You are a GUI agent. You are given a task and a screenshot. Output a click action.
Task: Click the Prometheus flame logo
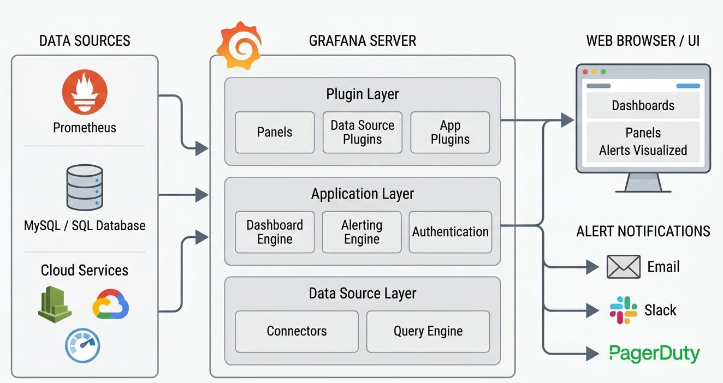[85, 92]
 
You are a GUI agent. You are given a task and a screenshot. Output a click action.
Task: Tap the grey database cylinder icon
[85, 187]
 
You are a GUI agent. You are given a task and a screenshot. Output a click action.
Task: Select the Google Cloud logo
[111, 304]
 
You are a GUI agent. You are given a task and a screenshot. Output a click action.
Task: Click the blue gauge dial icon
[82, 345]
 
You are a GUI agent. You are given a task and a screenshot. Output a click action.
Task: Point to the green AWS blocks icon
[55, 304]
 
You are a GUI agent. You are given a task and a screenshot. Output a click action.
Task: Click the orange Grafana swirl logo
[239, 45]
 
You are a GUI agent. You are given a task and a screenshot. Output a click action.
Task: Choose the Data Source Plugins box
[363, 133]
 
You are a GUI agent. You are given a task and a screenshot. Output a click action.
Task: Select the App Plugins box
[451, 133]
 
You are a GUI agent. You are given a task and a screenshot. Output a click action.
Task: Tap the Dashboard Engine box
[275, 232]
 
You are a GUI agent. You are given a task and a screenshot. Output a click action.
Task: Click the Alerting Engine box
[362, 232]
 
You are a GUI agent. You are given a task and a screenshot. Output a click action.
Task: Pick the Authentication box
[451, 232]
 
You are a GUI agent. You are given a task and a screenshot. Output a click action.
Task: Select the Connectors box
[297, 331]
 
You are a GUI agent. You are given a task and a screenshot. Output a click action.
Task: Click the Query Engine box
[428, 331]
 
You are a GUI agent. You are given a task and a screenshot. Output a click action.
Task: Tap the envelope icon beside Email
[624, 267]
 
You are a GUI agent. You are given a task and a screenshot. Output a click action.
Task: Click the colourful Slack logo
[623, 310]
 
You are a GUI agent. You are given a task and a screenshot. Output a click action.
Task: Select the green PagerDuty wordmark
[655, 354]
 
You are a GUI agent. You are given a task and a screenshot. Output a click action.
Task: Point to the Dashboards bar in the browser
[643, 105]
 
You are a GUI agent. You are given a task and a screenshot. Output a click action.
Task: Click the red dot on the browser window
[585, 72]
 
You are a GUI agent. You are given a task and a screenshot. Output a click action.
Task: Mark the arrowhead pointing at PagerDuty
[592, 354]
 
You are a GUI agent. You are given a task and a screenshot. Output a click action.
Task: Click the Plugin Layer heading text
[363, 94]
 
